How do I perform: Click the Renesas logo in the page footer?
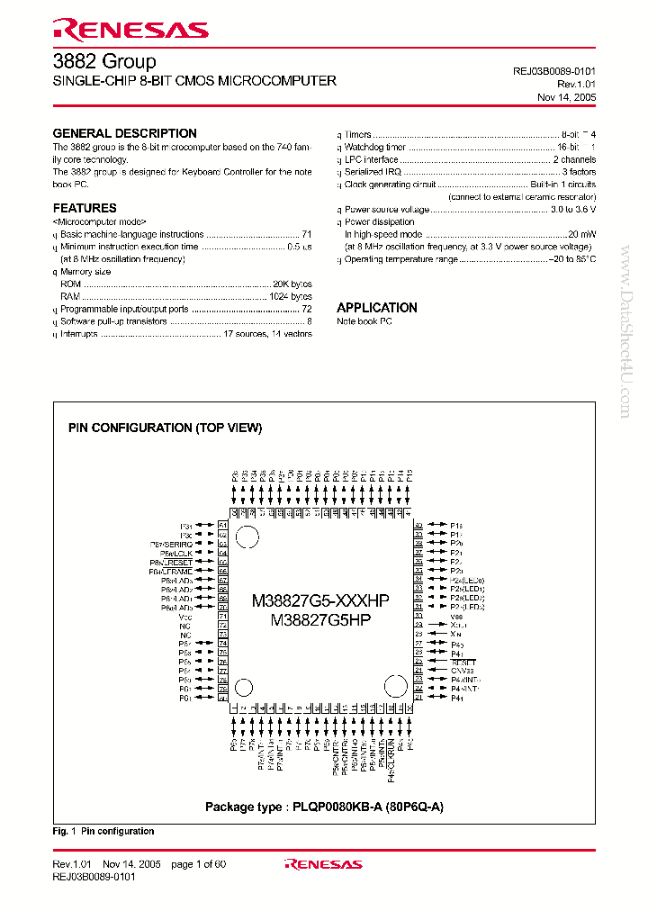(x=323, y=864)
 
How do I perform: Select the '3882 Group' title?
(x=103, y=61)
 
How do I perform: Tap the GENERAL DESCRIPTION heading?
(x=124, y=133)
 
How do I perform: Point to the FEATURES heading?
(x=85, y=208)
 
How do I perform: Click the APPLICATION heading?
(x=377, y=307)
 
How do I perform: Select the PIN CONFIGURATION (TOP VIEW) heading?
(x=166, y=428)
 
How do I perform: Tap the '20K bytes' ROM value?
(x=292, y=284)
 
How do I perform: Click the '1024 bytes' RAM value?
(x=290, y=296)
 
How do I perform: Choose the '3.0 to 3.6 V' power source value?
(x=572, y=209)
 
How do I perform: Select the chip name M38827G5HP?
(x=320, y=620)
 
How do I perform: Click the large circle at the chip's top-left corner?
(x=248, y=537)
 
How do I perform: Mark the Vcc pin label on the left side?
(x=185, y=618)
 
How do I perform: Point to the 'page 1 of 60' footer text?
(x=198, y=864)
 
